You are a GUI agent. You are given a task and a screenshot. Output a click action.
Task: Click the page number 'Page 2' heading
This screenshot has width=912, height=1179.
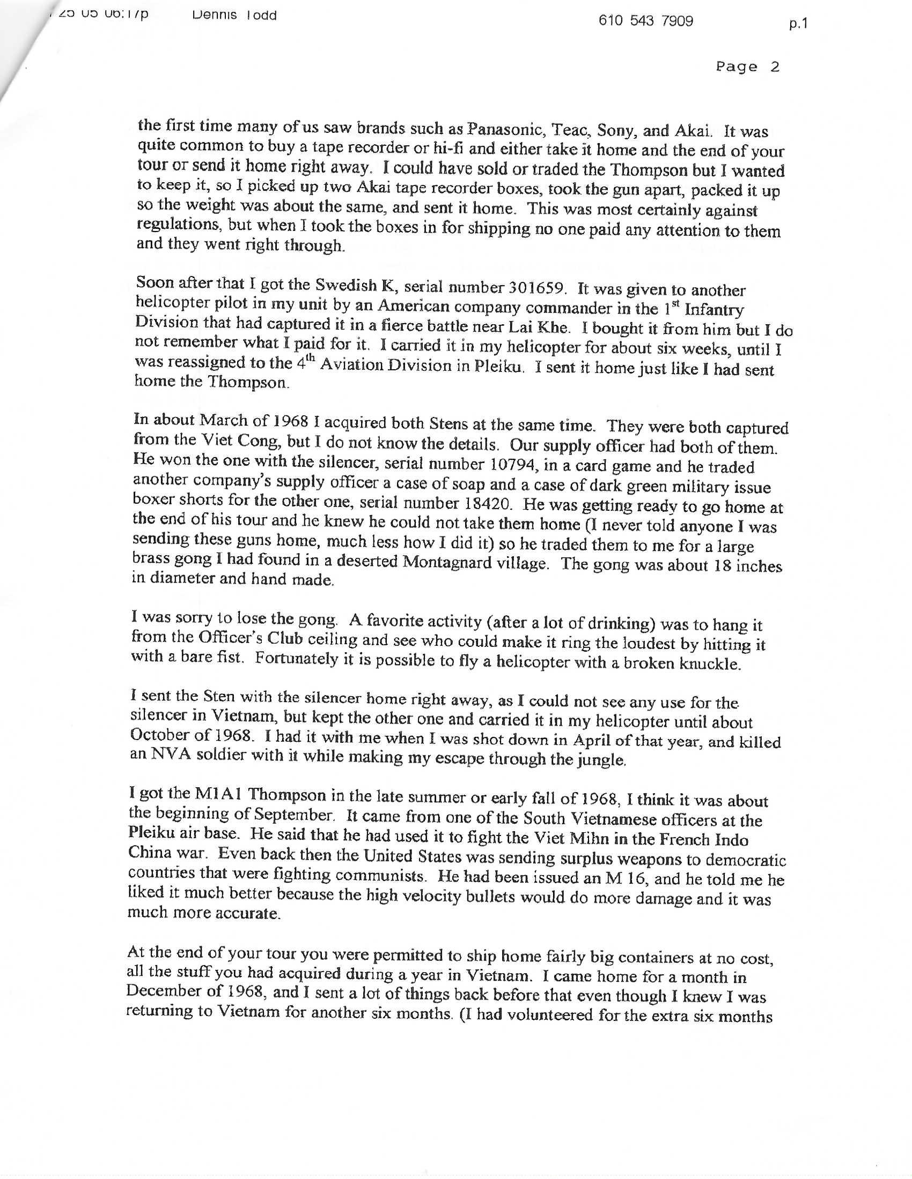[748, 67]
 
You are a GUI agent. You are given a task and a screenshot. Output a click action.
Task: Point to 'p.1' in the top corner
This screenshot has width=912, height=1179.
[797, 24]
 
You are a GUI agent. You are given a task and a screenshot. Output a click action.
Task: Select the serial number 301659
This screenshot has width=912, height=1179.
[538, 289]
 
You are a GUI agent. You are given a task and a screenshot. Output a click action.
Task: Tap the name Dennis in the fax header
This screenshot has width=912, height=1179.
[215, 15]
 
